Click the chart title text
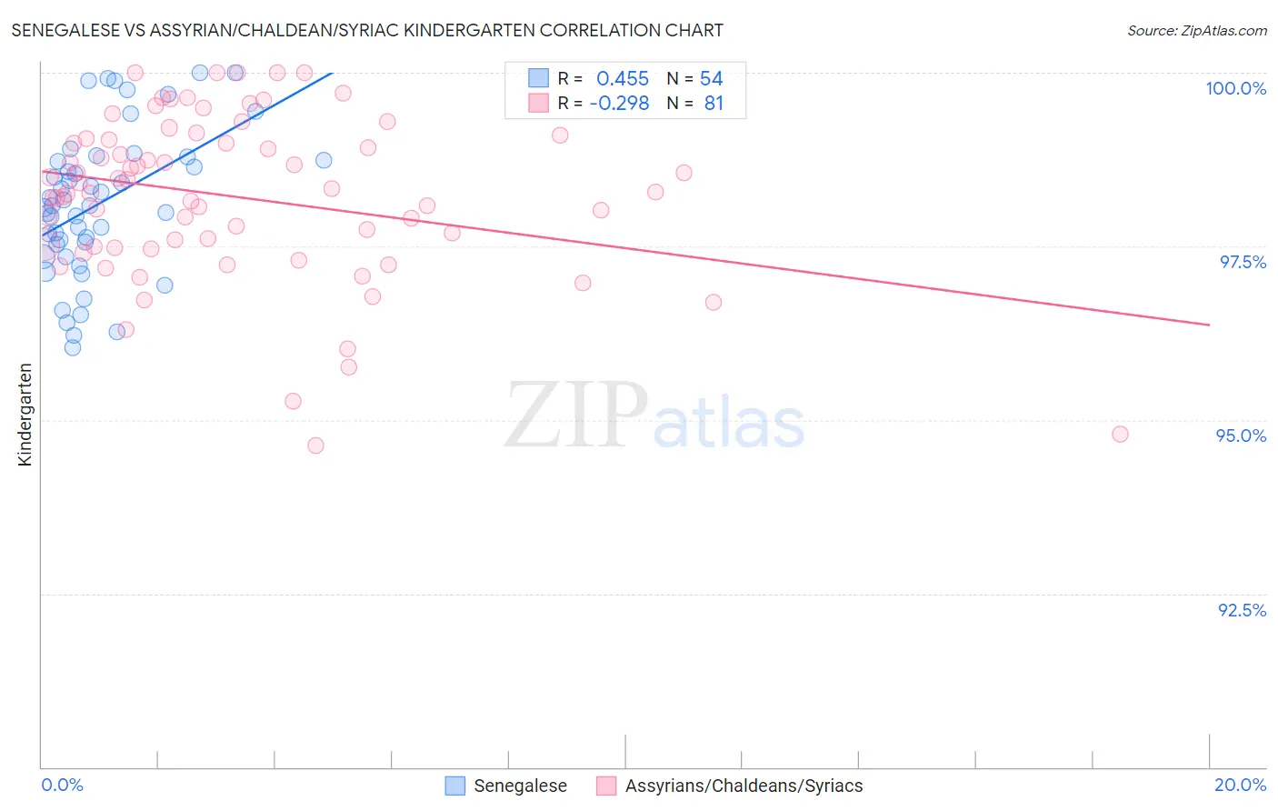pyautogui.click(x=367, y=30)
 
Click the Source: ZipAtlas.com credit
pyautogui.click(x=1196, y=30)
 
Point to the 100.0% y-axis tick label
pyautogui.click(x=1235, y=88)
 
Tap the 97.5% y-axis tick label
pyautogui.click(x=1242, y=262)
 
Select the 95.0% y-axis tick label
pyautogui.click(x=1241, y=436)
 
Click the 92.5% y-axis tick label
pyautogui.click(x=1242, y=610)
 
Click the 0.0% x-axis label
pyautogui.click(x=62, y=785)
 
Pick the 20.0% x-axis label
pyautogui.click(x=1240, y=785)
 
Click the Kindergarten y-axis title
pyautogui.click(x=25, y=415)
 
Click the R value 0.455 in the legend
pyautogui.click(x=623, y=78)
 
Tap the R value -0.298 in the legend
pyautogui.click(x=619, y=104)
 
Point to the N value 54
pyautogui.click(x=711, y=78)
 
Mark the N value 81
pyautogui.click(x=714, y=104)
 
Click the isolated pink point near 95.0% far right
pyautogui.click(x=1120, y=435)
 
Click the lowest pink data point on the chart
pyautogui.click(x=315, y=446)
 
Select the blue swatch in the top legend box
pyautogui.click(x=539, y=78)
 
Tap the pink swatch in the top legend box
pyautogui.click(x=539, y=104)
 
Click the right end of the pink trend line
pyautogui.click(x=1209, y=325)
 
